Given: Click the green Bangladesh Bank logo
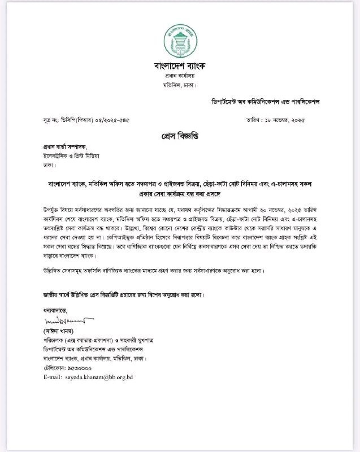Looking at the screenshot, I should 180,40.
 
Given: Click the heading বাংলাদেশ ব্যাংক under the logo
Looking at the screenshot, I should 180,66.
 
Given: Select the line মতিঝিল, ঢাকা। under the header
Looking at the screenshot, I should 180,86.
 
